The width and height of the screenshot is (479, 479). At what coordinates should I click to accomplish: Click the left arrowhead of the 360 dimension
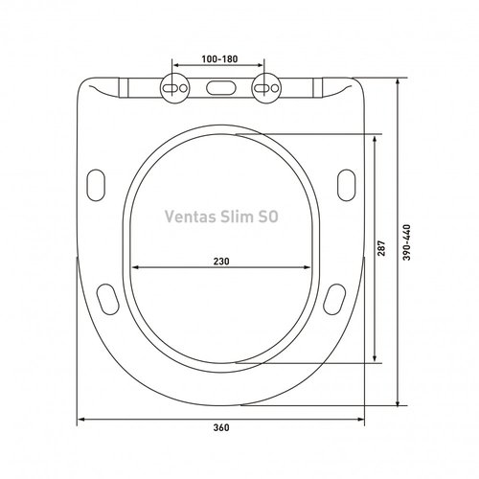[80, 419]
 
